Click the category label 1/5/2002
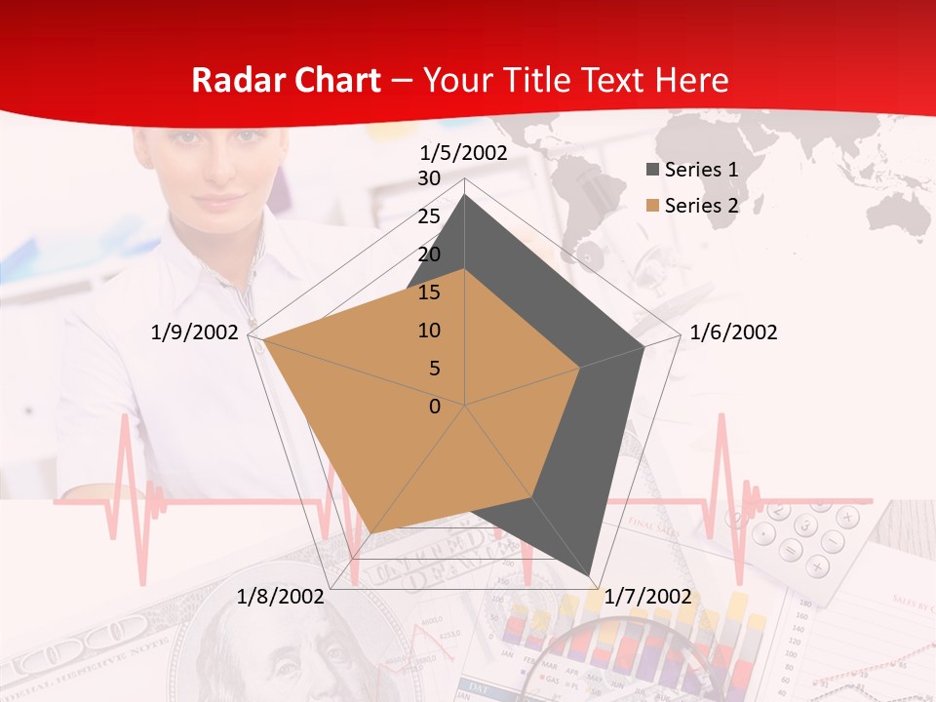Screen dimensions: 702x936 [x=463, y=153]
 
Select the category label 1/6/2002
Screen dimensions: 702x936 [x=733, y=332]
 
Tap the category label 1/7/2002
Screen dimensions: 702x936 [x=647, y=597]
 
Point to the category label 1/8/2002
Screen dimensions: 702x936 [x=281, y=597]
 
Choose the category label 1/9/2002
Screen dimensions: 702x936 [x=195, y=332]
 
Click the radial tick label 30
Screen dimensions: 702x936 [x=429, y=178]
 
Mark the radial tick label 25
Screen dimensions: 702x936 [x=429, y=216]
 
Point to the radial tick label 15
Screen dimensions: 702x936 [x=429, y=292]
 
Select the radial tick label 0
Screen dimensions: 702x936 [x=435, y=407]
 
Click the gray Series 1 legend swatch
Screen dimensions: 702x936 [x=652, y=170]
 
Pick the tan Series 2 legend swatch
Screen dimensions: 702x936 [x=652, y=206]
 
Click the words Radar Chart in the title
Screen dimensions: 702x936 [x=286, y=80]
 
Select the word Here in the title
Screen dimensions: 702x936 [x=692, y=80]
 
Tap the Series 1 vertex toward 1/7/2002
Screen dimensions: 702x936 [x=592, y=576]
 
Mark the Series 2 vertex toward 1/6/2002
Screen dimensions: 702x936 [x=580, y=368]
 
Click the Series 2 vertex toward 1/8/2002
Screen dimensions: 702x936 [x=372, y=532]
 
